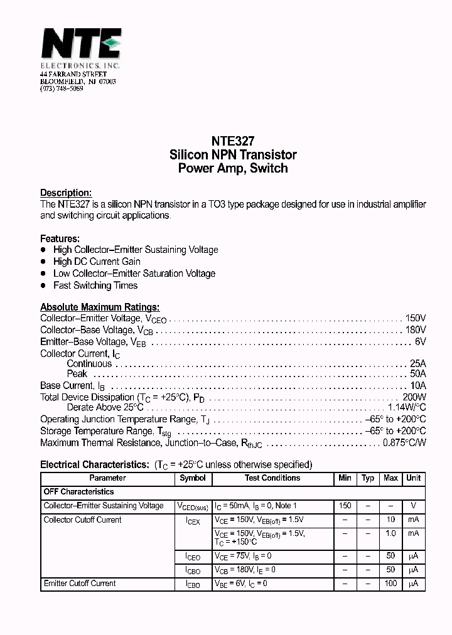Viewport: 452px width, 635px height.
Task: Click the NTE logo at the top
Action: [x=80, y=46]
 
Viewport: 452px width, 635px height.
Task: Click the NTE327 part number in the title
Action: [x=233, y=142]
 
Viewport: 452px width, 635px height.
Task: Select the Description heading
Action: [x=66, y=193]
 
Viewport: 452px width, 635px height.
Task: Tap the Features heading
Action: [x=60, y=238]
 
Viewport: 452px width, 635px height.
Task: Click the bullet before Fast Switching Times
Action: [x=43, y=285]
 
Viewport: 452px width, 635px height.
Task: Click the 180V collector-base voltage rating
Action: [x=415, y=330]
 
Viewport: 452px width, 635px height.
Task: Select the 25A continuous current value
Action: [x=417, y=364]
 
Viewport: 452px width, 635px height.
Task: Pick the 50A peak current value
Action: [x=417, y=374]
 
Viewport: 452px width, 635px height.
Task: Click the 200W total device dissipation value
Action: [x=414, y=397]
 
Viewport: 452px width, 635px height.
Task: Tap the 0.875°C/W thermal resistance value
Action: [x=404, y=442]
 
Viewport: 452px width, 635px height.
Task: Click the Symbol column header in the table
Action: [x=193, y=478]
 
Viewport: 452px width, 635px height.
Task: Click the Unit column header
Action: [x=413, y=478]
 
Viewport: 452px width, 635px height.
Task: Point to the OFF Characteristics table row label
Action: [x=78, y=492]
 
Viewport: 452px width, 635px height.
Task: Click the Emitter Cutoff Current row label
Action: [x=80, y=584]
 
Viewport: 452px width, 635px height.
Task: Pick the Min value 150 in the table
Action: [x=345, y=506]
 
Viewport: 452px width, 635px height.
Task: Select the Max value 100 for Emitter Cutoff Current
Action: [x=390, y=584]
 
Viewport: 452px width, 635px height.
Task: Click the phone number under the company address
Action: [x=62, y=89]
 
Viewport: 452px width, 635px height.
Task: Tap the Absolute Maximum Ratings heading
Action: [x=100, y=307]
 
